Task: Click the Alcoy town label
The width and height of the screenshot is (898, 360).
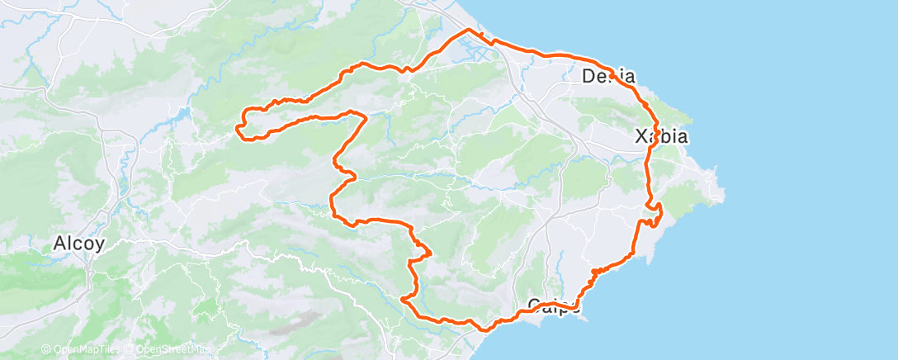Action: pos(78,244)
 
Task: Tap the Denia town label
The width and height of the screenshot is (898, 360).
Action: pos(608,77)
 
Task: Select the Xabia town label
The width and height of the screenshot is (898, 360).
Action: pos(661,137)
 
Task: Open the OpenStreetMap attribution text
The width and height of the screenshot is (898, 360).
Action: pos(173,350)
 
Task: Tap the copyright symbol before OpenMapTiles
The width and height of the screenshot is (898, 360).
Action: pos(46,350)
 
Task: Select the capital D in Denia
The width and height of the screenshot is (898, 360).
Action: pos(589,77)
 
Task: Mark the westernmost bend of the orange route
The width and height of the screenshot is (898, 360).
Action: pos(238,127)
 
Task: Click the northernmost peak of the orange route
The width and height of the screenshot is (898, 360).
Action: pos(470,30)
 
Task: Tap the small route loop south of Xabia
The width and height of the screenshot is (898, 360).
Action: pos(654,215)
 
